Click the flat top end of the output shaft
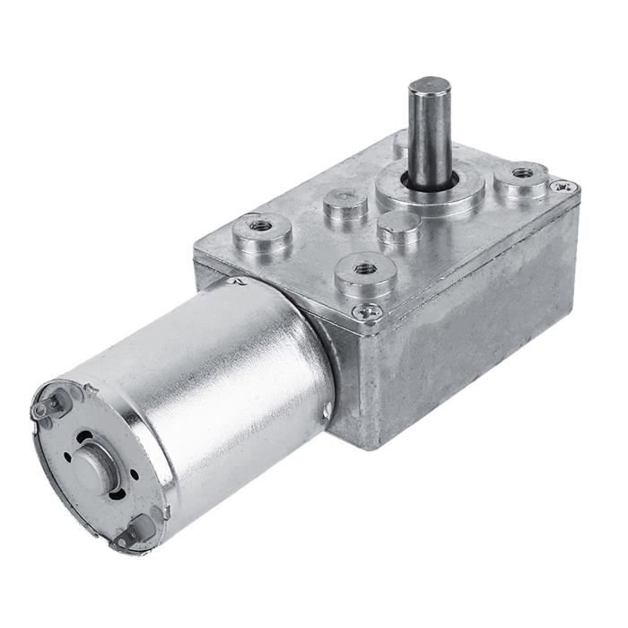point(430,85)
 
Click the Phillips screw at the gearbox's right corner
point(563,187)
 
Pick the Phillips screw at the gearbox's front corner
point(367,310)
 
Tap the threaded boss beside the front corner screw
point(365,268)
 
